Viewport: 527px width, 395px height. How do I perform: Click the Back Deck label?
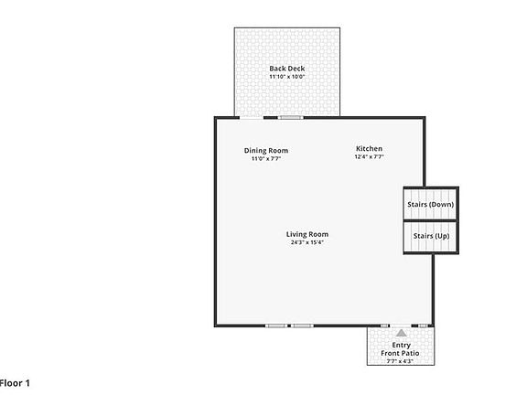coord(286,69)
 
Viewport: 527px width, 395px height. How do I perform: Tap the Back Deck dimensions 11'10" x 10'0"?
coord(286,77)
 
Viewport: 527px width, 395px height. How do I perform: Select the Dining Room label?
coord(266,150)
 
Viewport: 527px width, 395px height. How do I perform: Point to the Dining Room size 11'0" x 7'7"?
coord(266,158)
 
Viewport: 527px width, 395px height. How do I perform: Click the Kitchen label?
coord(369,148)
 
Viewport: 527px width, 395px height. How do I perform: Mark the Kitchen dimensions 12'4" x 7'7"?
coord(369,156)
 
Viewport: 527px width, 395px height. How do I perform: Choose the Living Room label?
coord(307,234)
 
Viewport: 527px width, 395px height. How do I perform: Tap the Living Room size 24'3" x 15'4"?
coord(307,242)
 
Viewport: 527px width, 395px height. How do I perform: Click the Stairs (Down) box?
coord(430,204)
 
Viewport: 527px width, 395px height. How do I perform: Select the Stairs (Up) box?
coord(430,237)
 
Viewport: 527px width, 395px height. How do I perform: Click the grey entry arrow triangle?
coord(401,332)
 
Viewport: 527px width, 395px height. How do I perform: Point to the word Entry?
coord(401,345)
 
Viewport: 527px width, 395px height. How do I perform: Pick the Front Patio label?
coord(401,353)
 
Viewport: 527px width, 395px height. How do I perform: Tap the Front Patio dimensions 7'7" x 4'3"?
coord(401,361)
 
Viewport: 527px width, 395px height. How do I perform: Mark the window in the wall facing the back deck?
coord(291,117)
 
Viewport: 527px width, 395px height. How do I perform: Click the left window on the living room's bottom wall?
coord(275,326)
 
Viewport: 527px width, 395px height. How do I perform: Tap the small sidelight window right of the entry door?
coord(422,326)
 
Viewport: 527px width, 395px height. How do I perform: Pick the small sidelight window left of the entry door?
coord(384,326)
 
